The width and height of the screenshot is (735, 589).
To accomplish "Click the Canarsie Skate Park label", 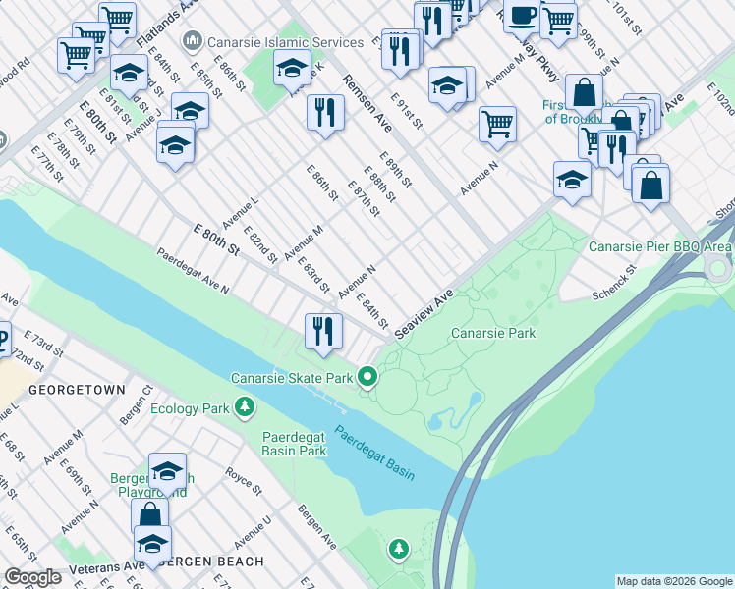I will click(291, 378).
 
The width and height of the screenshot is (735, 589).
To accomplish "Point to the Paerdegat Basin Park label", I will click(294, 445).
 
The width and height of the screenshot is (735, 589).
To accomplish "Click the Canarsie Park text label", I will click(493, 334).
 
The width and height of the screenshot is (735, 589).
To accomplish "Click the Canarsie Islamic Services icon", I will click(192, 41).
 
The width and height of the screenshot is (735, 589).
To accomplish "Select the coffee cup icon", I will click(523, 16).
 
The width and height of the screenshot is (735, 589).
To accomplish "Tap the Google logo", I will click(33, 577).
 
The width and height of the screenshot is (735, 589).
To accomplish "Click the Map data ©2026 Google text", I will click(673, 581).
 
